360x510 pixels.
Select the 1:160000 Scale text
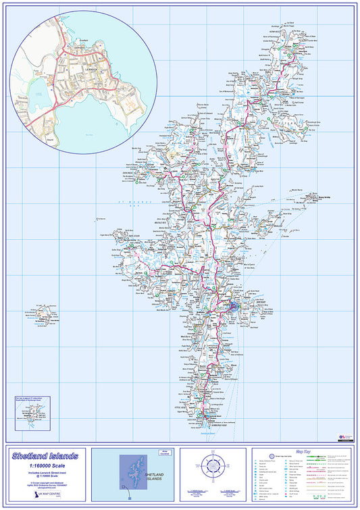click(45, 467)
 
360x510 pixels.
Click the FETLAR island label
click(305, 124)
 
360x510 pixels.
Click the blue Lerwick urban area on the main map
click(232, 308)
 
